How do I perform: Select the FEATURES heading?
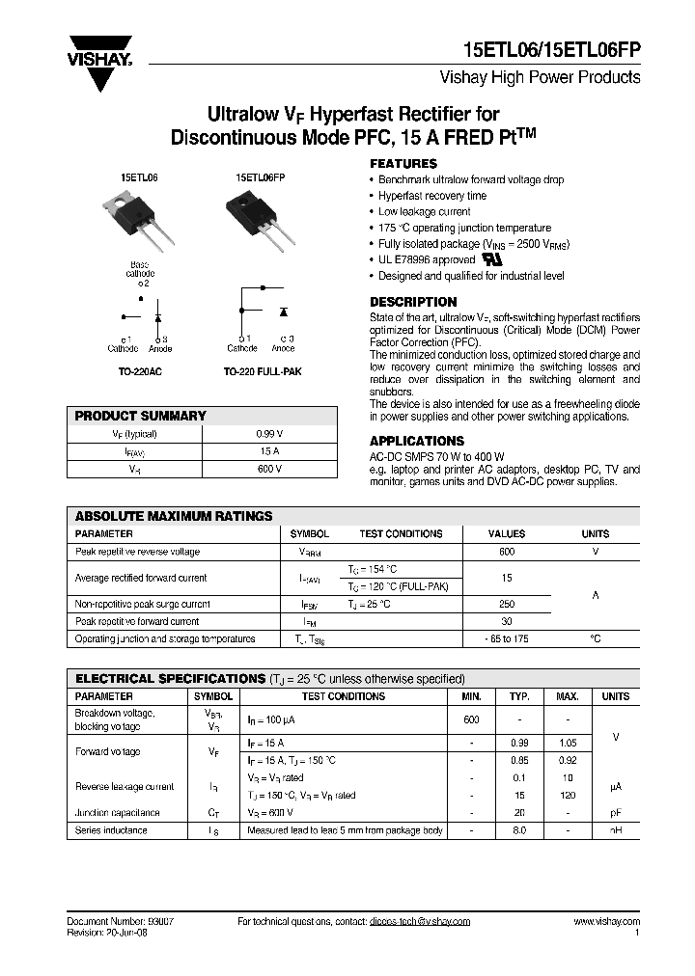pos(403,164)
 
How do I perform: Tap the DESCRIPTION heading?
pos(413,302)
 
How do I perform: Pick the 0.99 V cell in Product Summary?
pos(269,434)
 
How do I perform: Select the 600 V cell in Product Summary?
pos(269,469)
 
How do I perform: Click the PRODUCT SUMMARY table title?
pos(141,416)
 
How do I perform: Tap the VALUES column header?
pos(506,533)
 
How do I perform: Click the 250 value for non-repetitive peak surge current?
pos(506,604)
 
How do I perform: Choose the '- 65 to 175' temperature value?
pos(506,638)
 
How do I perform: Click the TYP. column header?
pos(520,696)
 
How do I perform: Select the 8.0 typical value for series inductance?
pos(520,830)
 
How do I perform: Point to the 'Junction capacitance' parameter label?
pos(117,813)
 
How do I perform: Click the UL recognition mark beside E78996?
pos(494,259)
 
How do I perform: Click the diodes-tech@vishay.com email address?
pos(419,922)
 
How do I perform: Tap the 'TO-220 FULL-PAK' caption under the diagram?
pos(262,371)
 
